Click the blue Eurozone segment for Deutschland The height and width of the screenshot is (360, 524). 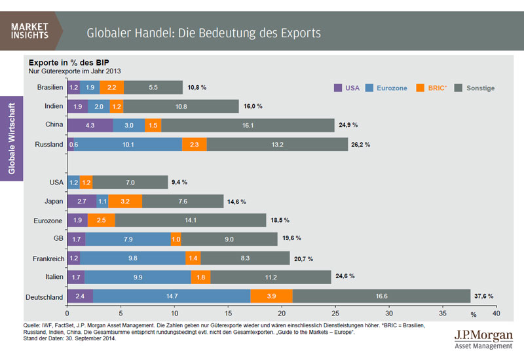[x=172, y=297]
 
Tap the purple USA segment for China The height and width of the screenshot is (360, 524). [x=90, y=124]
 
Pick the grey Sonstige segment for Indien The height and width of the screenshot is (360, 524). [x=181, y=106]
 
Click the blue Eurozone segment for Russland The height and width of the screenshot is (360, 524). [x=128, y=144]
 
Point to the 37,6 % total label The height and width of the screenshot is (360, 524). [x=484, y=297]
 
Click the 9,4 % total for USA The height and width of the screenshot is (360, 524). [x=180, y=183]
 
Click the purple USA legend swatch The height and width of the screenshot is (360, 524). [x=337, y=87]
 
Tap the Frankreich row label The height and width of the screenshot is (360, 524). [x=48, y=259]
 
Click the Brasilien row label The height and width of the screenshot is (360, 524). [x=50, y=87]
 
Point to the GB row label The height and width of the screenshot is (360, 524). [x=58, y=240]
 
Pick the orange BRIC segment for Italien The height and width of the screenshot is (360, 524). [x=200, y=278]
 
